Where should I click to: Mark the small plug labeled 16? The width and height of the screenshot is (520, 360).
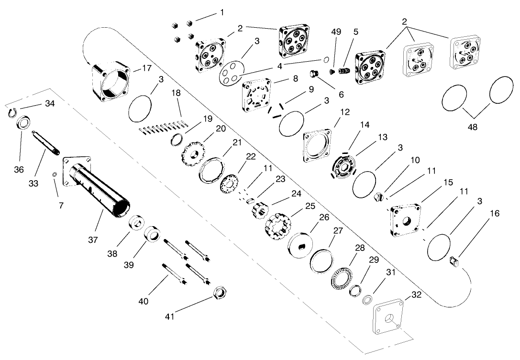[x=454, y=262]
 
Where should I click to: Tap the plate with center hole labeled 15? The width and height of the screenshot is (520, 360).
[x=405, y=218]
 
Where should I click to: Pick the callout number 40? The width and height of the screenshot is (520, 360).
[x=143, y=301]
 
